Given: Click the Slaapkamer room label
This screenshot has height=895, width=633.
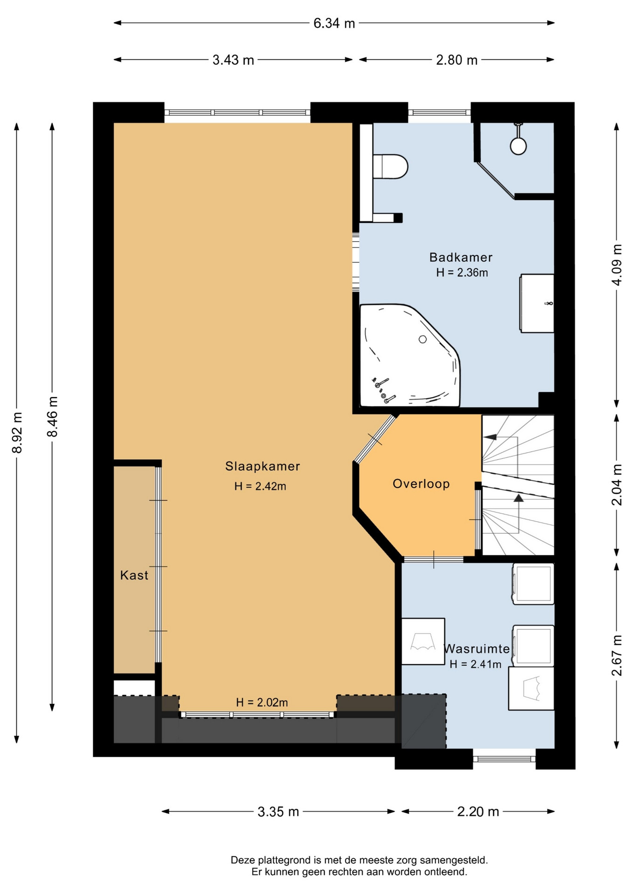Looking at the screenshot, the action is [262, 466].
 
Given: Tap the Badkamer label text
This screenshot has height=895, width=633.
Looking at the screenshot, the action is [461, 257].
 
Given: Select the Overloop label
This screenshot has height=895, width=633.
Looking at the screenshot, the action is [421, 484].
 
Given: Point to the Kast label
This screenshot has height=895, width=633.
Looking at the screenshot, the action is [134, 575].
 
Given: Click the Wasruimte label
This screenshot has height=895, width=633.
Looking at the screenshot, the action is [477, 649].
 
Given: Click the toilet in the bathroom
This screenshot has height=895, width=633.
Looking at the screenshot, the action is [391, 166].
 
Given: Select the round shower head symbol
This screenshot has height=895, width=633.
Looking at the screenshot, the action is [518, 146].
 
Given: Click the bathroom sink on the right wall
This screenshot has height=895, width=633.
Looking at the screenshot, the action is [537, 303].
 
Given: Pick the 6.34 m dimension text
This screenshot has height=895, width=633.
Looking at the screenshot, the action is [334, 23].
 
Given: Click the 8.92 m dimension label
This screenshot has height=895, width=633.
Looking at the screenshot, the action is [17, 433].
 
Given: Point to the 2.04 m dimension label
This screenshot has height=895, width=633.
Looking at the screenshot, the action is [617, 485].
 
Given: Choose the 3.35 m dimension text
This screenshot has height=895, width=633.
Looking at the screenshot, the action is [278, 812].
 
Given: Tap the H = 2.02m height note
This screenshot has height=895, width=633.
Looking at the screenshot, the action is [262, 702].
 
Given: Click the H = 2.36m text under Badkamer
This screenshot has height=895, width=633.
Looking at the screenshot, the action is [462, 273].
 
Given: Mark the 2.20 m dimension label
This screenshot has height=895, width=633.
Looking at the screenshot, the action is [478, 812].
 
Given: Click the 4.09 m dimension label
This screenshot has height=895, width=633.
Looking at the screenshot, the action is [617, 265].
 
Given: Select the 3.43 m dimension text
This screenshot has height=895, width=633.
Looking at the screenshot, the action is [233, 60].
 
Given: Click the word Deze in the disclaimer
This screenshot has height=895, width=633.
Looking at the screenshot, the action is [242, 860].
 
